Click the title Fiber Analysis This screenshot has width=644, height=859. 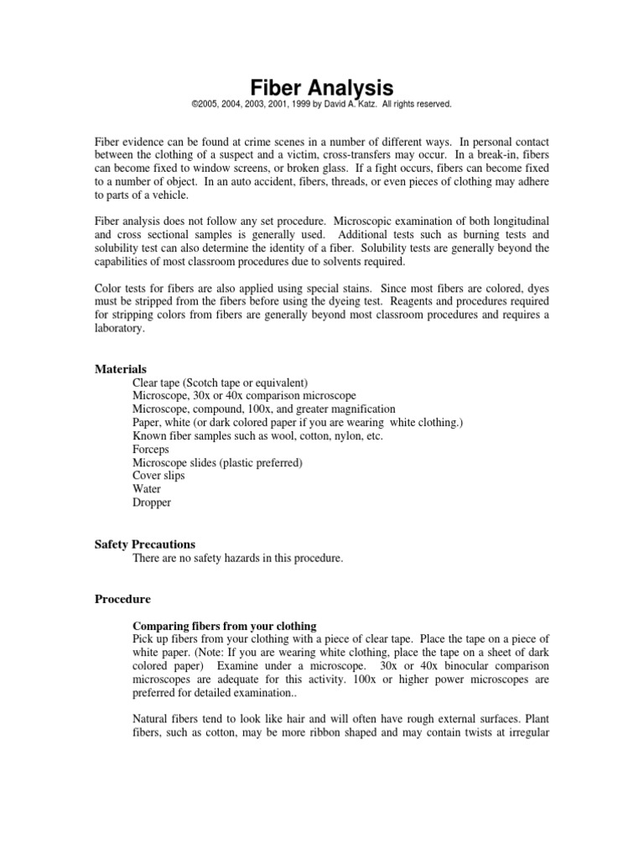(x=322, y=87)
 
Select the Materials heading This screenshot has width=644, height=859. (x=121, y=369)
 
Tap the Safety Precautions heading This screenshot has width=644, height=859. (x=144, y=544)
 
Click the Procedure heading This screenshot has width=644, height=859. (x=122, y=600)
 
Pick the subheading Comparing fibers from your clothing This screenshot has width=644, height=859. (x=224, y=626)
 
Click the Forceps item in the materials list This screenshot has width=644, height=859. (x=151, y=449)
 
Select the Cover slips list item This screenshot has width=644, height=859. (x=158, y=476)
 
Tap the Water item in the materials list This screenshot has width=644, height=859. (x=148, y=489)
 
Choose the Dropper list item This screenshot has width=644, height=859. (x=152, y=502)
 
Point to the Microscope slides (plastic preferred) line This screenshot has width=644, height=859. (x=217, y=462)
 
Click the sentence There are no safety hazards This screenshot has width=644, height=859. (x=237, y=558)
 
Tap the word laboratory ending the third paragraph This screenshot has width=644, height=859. (x=120, y=330)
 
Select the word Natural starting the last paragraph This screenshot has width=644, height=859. (x=153, y=719)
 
